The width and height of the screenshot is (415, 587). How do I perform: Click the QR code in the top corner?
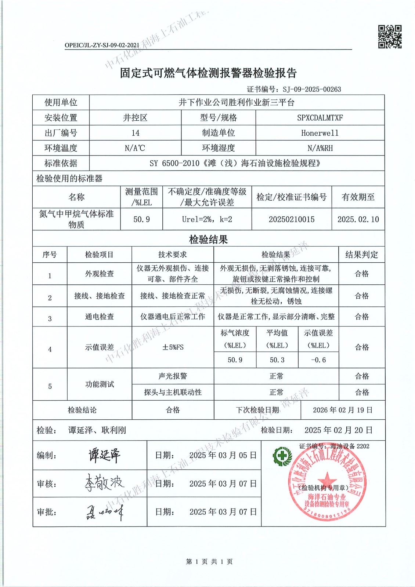(390, 36)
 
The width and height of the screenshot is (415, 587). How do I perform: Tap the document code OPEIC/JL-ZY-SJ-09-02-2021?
(102, 45)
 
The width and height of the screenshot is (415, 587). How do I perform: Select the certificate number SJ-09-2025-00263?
(312, 89)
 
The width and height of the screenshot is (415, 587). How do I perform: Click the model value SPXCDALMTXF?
(320, 118)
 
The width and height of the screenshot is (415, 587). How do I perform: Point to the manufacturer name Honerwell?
(320, 133)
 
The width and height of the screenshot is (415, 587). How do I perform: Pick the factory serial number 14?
(135, 133)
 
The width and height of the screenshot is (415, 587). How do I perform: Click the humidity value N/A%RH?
(320, 148)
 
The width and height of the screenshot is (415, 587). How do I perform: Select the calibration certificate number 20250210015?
(292, 219)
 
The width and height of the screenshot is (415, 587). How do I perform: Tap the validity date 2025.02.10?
(358, 219)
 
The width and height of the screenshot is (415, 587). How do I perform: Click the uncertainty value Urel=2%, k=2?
(207, 219)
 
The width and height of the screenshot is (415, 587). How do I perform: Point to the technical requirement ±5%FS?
(173, 347)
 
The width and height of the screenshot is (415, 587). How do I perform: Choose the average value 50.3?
(277, 360)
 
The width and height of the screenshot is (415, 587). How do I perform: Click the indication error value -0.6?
(318, 360)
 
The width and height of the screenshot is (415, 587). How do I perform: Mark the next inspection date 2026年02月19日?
(343, 410)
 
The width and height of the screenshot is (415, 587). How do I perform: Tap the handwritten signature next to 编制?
(104, 455)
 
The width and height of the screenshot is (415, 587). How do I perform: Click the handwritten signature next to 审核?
(102, 483)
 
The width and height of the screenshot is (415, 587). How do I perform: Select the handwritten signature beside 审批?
(102, 511)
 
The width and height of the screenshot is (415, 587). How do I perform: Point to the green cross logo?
(282, 456)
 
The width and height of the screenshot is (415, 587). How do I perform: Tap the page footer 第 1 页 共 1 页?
(209, 562)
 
